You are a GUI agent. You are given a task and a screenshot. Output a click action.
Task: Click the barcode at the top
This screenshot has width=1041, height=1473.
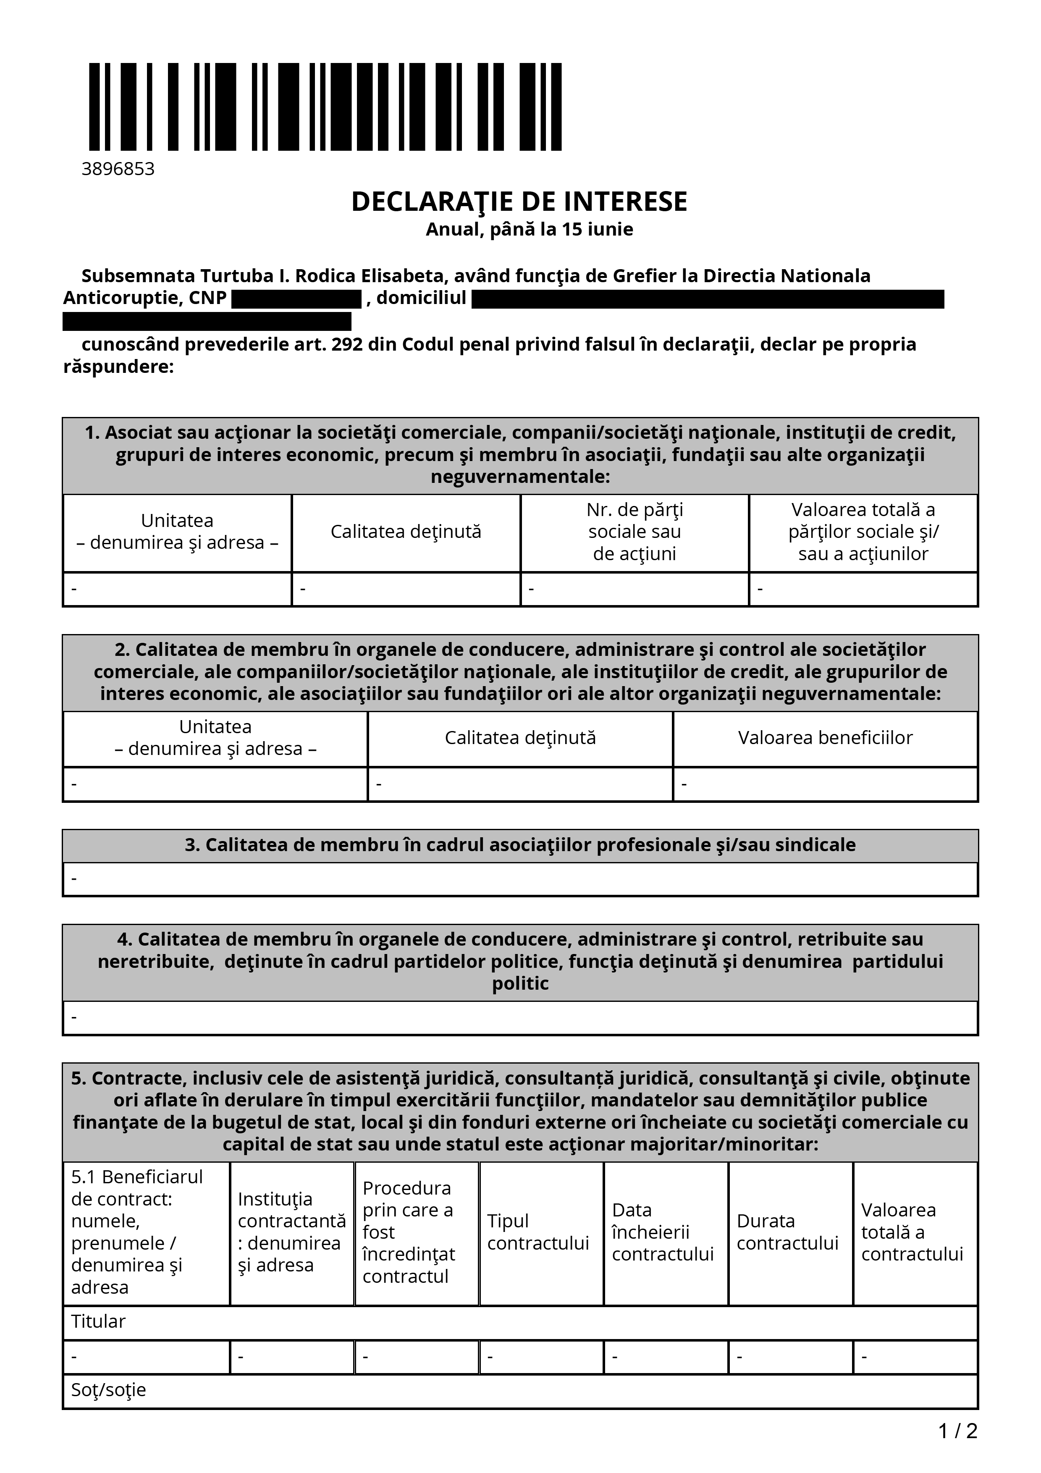click(325, 107)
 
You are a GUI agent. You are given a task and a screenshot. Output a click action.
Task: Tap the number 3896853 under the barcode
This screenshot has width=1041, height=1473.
click(118, 169)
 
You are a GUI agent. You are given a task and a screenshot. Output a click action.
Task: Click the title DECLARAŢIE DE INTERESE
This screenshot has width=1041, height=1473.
click(519, 202)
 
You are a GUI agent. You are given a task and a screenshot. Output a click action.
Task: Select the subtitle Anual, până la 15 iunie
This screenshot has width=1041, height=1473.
click(529, 230)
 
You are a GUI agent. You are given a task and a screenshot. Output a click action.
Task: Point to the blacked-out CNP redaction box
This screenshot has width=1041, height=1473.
click(296, 299)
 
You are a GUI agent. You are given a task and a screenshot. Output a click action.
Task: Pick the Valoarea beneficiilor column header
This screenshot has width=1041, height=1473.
click(825, 738)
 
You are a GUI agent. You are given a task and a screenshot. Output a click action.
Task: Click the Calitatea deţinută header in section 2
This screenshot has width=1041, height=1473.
click(520, 738)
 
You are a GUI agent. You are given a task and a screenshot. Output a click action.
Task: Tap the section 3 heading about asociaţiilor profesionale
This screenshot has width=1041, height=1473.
click(520, 845)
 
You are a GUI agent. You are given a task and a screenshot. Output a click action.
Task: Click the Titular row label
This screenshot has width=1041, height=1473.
click(98, 1321)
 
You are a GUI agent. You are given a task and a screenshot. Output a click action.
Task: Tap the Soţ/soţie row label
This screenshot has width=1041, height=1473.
click(108, 1389)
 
